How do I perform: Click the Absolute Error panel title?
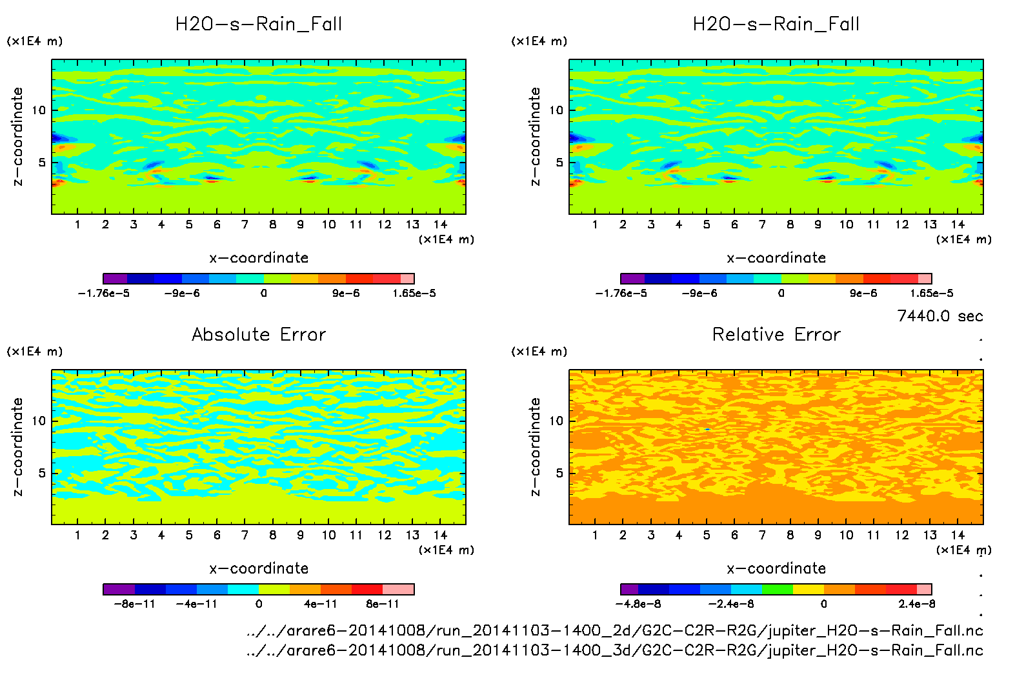point(259,334)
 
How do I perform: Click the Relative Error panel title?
point(776,334)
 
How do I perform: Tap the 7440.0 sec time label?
point(940,316)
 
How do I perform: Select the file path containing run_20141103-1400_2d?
point(614,630)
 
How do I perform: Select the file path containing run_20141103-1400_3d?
point(614,650)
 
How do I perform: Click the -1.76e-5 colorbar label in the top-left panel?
point(103,294)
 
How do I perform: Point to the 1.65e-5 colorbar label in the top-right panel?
point(931,294)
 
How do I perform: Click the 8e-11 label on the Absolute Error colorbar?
point(383,605)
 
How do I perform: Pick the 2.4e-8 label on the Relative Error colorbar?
point(916,605)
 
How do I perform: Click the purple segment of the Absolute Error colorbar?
point(119,589)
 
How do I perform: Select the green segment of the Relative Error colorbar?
point(777,589)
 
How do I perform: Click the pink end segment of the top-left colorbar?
point(407,279)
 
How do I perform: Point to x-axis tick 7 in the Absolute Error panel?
point(245,535)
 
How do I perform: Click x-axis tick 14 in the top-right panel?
point(958,225)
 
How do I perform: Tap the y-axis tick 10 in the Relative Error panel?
point(556,421)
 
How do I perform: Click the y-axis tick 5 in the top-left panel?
point(43,163)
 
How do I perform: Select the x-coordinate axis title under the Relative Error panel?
point(776,568)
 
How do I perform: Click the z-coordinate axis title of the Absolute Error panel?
point(17,446)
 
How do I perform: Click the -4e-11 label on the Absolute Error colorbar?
point(197,605)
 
